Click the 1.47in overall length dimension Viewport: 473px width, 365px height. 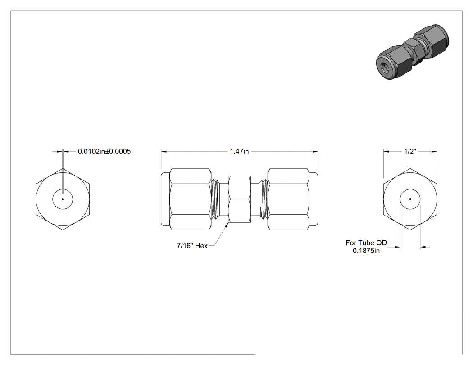pyautogui.click(x=239, y=151)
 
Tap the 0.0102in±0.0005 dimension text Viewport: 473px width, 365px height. pyautogui.click(x=105, y=151)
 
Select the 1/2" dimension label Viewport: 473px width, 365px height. pyautogui.click(x=410, y=151)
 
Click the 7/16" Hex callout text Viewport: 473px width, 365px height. pyautogui.click(x=192, y=246)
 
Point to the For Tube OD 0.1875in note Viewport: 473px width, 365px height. pyautogui.click(x=366, y=247)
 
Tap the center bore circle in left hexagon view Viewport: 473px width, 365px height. pyautogui.click(x=63, y=199)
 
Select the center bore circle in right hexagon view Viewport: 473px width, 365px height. pyautogui.click(x=410, y=199)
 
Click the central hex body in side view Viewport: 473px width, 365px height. pyautogui.click(x=239, y=199)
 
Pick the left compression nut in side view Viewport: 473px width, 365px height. pyautogui.click(x=190, y=199)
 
